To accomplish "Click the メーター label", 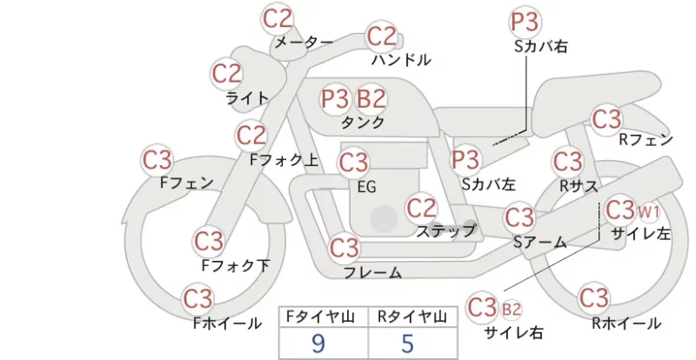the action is click(304, 42).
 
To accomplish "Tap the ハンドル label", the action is click(401, 60).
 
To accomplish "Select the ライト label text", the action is click(247, 98).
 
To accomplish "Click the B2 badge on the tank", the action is click(371, 98).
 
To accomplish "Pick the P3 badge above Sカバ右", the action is click(525, 22).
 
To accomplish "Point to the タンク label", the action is click(363, 122).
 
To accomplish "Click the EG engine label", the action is click(366, 187).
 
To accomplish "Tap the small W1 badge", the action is click(648, 213).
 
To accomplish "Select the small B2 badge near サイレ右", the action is click(512, 309).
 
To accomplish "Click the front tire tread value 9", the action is click(318, 343).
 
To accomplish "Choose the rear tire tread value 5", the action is click(407, 343).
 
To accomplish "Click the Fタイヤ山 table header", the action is click(320, 317).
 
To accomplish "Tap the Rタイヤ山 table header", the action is click(412, 317).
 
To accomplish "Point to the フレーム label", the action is click(373, 272).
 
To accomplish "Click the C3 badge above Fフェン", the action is click(157, 160).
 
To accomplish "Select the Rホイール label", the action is click(626, 323).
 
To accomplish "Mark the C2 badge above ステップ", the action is click(421, 208).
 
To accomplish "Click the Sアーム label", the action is click(539, 242).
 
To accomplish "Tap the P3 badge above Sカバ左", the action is click(465, 160).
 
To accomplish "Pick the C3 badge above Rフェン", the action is click(606, 119).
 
